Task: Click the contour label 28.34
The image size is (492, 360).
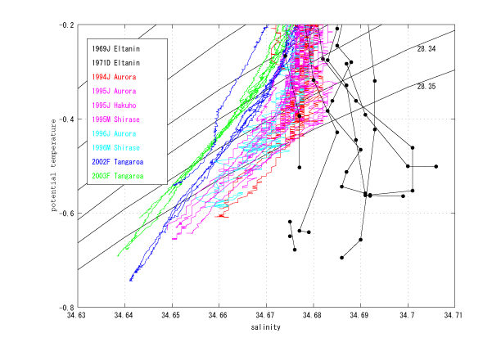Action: (426, 50)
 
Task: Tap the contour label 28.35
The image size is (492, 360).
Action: (426, 86)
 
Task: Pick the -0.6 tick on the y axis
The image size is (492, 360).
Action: (65, 213)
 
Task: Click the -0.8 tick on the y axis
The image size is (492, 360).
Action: (65, 307)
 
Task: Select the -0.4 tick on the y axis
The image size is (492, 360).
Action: (65, 119)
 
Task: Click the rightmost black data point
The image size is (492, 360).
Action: (436, 166)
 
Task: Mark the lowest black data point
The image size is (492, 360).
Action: (342, 258)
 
